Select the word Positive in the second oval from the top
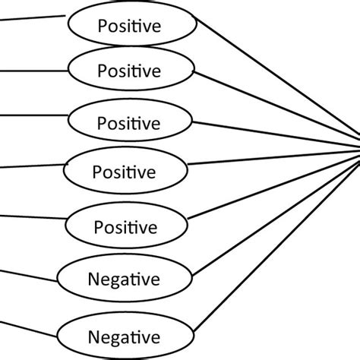pyautogui.click(x=130, y=71)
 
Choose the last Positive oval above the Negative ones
pyautogui.click(x=125, y=227)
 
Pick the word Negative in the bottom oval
pyautogui.click(x=124, y=335)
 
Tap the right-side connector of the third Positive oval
pyautogui.click(x=273, y=131)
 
